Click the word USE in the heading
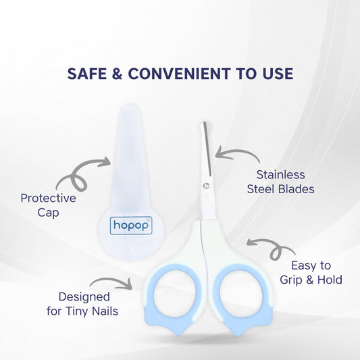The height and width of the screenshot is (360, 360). tap(277, 72)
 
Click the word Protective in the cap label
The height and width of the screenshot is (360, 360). tap(48, 199)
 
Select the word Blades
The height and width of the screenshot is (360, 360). tap(296, 189)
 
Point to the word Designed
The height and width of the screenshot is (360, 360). tap(84, 296)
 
